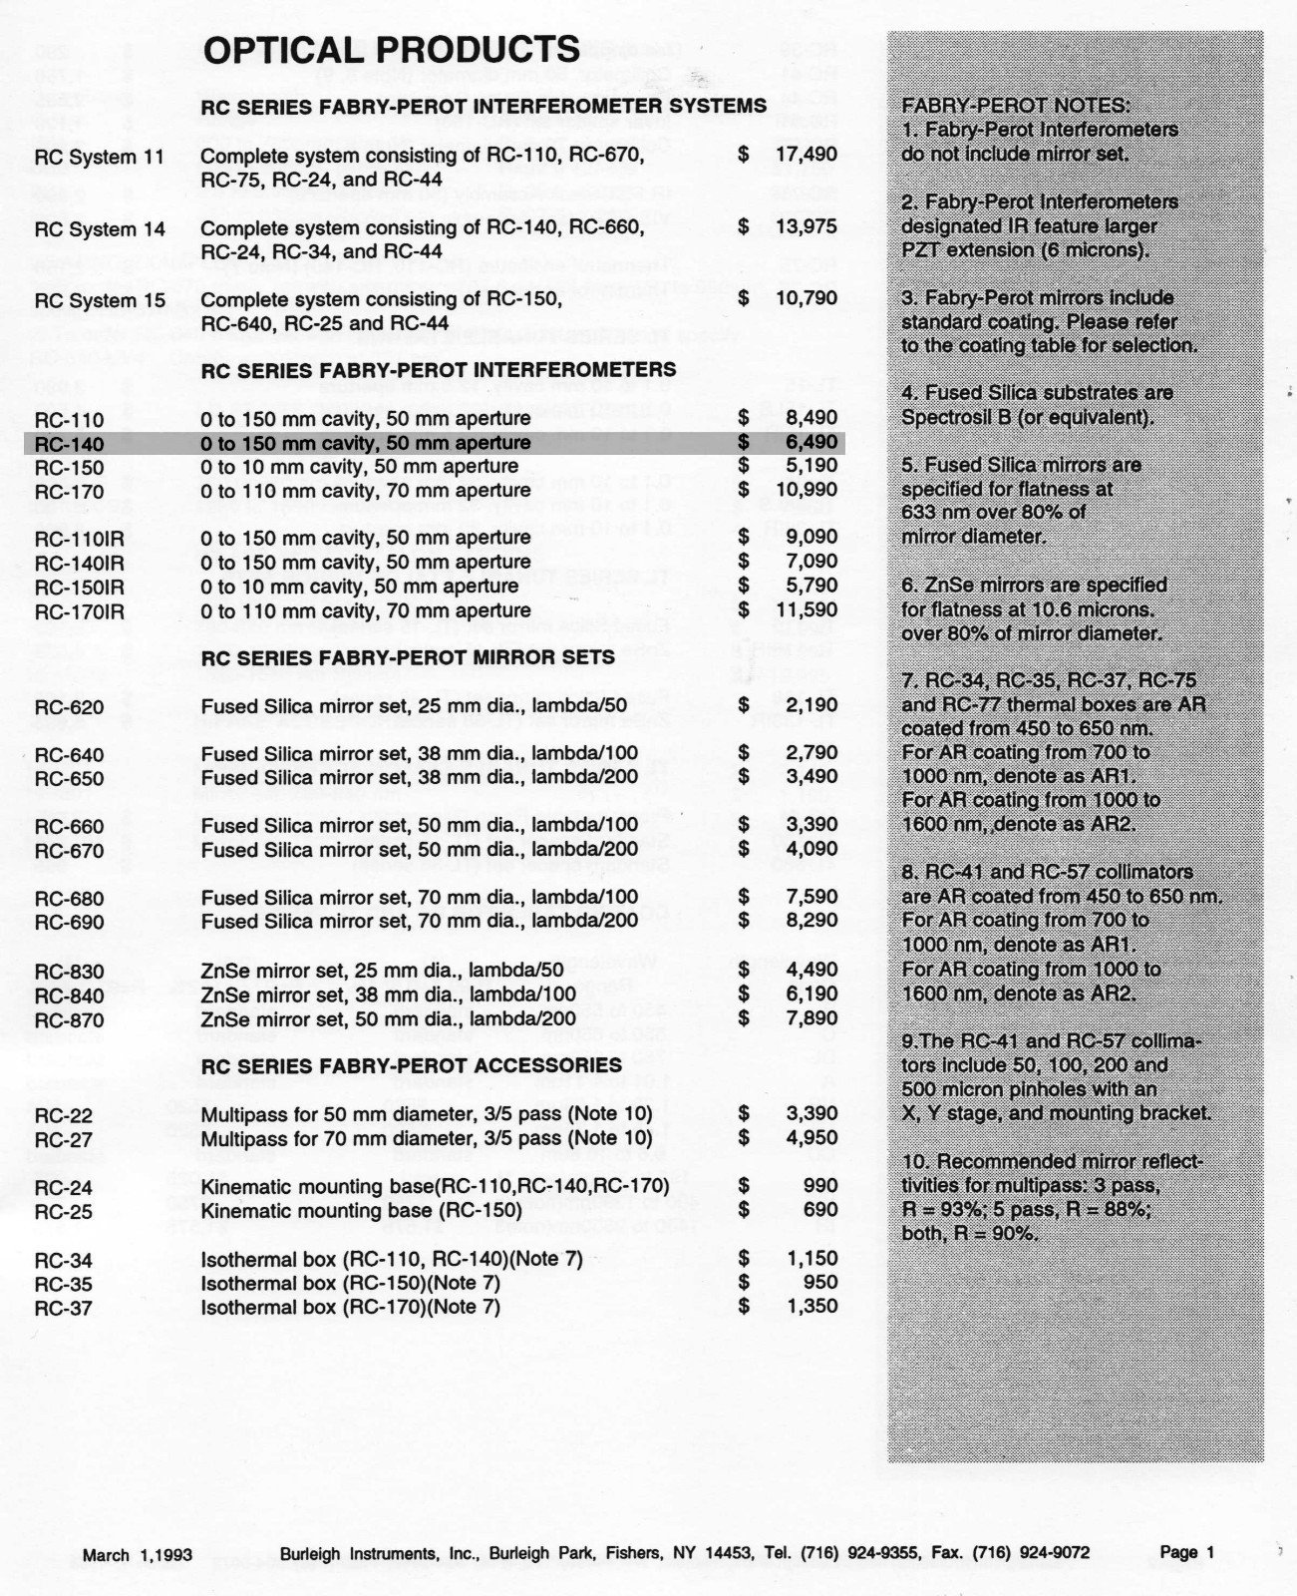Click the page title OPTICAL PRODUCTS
(391, 50)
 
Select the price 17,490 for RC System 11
(806, 155)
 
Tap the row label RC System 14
(100, 228)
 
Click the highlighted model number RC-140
(69, 443)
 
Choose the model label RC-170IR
(80, 611)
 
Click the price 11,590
(806, 609)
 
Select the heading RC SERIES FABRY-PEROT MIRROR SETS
(408, 658)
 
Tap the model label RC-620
(69, 708)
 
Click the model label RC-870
(69, 1020)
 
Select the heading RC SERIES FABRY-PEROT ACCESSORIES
(412, 1065)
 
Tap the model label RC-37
(63, 1308)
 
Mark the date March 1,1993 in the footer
(138, 1554)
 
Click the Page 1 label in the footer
(1187, 1552)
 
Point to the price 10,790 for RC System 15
(806, 298)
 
